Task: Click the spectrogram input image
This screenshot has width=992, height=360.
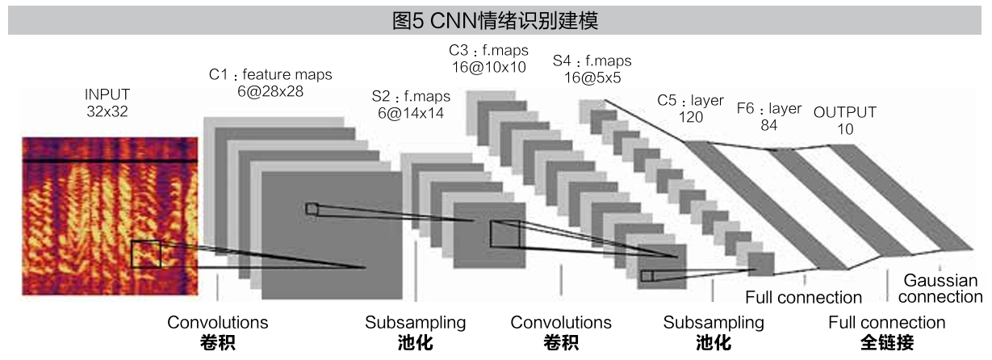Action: pos(109,216)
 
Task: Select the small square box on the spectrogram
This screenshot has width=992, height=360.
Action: pos(146,254)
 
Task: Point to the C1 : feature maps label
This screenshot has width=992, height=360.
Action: pos(270,75)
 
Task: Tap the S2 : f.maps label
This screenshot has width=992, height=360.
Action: pos(411,96)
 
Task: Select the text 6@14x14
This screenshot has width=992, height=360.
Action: pos(411,114)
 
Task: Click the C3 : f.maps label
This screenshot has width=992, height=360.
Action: pos(488,50)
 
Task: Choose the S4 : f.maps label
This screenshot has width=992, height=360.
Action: pos(592,61)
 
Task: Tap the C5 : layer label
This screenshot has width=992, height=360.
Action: pos(690,101)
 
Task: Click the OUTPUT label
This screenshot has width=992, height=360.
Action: pos(844,112)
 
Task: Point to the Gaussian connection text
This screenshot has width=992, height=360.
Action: pos(940,289)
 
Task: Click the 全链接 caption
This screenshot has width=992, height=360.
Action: pos(887,344)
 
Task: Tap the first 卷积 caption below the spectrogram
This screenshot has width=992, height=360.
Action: pos(217,344)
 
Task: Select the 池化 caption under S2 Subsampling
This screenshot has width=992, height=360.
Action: pos(415,344)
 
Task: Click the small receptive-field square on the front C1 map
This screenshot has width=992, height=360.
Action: pos(312,209)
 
